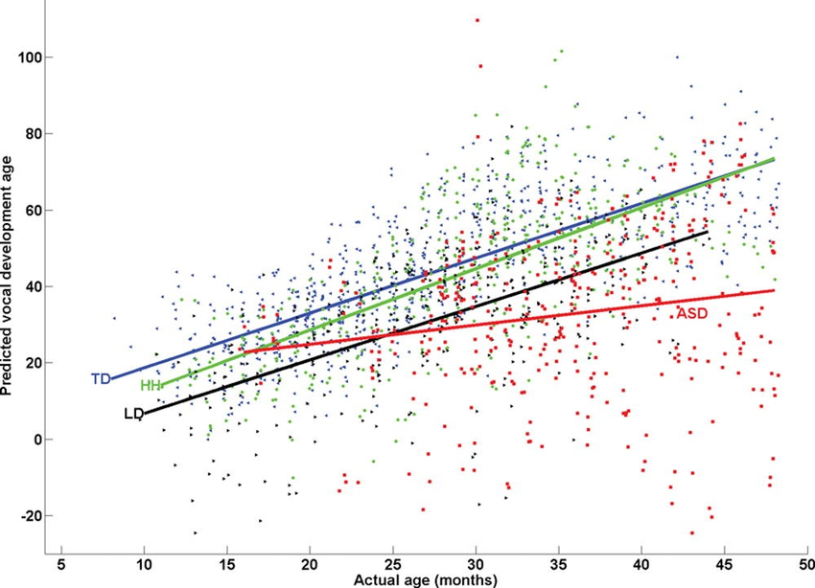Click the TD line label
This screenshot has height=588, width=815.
click(100, 379)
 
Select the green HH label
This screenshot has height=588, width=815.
click(151, 386)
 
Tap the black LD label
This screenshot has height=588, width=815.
click(133, 414)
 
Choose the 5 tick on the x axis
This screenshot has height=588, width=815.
click(60, 562)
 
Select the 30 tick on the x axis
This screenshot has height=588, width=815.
click(476, 562)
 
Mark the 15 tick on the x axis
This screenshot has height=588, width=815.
click(226, 562)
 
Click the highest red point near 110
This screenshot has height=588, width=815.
click(477, 20)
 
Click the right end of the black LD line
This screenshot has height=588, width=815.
click(708, 232)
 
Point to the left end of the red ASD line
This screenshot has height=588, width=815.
click(244, 351)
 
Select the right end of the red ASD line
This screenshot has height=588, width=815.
click(774, 290)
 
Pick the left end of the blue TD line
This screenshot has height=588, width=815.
click(111, 379)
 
